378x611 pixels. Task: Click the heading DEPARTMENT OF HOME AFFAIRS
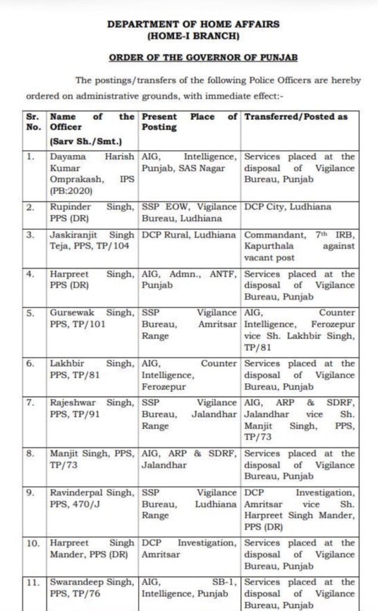point(193,24)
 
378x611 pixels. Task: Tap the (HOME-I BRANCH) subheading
point(193,37)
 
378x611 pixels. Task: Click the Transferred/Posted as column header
point(296,117)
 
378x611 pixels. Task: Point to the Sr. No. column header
point(34,122)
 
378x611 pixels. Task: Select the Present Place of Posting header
point(189,122)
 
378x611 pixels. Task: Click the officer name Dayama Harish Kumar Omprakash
point(92,168)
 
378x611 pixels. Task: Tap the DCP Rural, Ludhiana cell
point(189,234)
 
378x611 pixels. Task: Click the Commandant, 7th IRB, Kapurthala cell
point(299,246)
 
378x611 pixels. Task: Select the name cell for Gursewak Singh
point(92,318)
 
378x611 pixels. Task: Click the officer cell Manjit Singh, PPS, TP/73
point(92,459)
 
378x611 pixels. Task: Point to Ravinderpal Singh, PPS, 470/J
point(92,498)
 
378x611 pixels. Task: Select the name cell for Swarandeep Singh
point(92,587)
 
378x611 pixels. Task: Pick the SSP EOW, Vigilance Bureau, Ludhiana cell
point(189,213)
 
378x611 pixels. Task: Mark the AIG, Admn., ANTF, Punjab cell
point(189,280)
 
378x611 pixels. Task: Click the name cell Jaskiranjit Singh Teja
point(92,240)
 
